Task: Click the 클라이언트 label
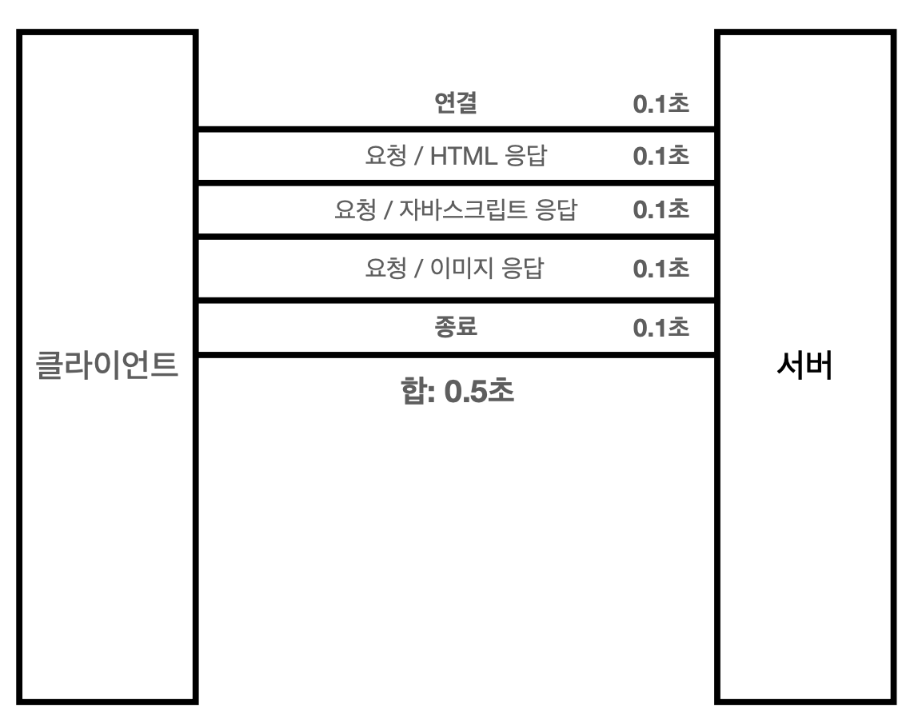(x=107, y=367)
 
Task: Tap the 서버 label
(x=804, y=367)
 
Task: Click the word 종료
(x=455, y=328)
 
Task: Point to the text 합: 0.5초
(x=457, y=393)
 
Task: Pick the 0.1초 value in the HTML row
(x=661, y=157)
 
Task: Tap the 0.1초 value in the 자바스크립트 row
(x=661, y=210)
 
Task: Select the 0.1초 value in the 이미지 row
(x=661, y=269)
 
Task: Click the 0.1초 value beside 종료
(x=661, y=329)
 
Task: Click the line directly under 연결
(x=456, y=128)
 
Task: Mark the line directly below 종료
(x=456, y=353)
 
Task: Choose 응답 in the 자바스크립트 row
(x=557, y=210)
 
